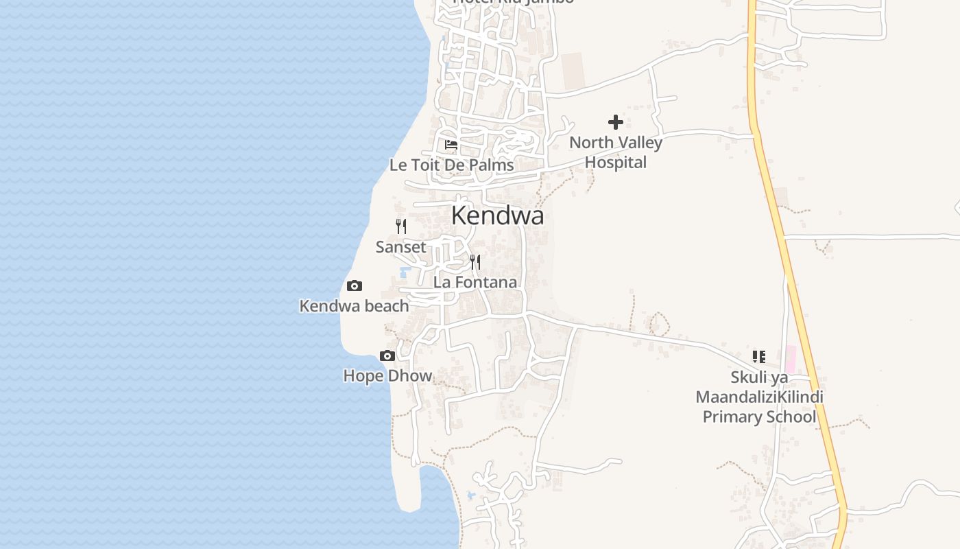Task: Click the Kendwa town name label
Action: pos(497,215)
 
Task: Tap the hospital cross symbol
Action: pos(616,122)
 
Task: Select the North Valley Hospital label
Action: pos(616,152)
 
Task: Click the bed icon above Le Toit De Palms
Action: pos(451,145)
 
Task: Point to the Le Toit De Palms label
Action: pos(451,165)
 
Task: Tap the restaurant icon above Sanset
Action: pos(401,226)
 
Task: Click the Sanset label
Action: pos(400,247)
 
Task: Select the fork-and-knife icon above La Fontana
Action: pos(475,262)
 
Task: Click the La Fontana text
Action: pos(475,282)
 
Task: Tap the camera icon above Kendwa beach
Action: pos(355,286)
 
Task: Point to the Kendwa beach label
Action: pos(354,306)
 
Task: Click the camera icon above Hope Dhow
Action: pos(387,355)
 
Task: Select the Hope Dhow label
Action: pos(387,376)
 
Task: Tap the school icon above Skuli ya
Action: pos(758,356)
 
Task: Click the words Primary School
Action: pos(759,417)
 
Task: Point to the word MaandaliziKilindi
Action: pos(759,397)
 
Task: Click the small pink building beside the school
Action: pos(790,360)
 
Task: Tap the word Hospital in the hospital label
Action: pos(616,163)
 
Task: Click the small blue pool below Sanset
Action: pos(404,272)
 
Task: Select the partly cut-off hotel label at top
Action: pos(514,2)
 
